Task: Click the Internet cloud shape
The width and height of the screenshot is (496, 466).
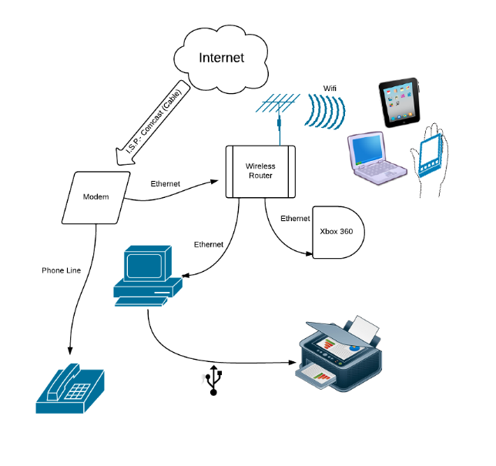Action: [221, 58]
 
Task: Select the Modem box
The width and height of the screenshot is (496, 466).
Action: [96, 197]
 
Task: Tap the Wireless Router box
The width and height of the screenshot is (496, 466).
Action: [260, 171]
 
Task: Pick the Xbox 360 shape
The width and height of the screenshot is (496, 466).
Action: [337, 231]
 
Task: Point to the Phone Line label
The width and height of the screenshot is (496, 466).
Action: [61, 270]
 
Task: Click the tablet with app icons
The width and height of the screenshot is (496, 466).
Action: [400, 103]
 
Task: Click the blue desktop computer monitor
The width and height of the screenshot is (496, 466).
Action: [147, 266]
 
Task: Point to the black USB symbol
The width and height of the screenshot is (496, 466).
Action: [216, 382]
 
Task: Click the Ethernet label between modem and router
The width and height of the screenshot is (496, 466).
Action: [165, 184]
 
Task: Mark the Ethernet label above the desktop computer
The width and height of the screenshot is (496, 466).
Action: [208, 244]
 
